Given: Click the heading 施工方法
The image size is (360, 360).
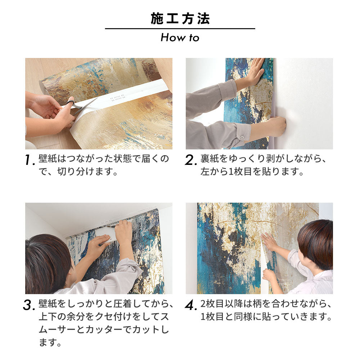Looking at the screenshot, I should (x=180, y=19).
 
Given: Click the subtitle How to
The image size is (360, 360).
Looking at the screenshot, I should (x=180, y=37).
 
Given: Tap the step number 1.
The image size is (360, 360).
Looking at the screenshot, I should (x=30, y=161).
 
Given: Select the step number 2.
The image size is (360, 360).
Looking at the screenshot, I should (x=191, y=161).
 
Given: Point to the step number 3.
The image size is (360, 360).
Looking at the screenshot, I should (x=30, y=305).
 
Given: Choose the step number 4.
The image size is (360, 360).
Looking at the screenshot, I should (x=191, y=305).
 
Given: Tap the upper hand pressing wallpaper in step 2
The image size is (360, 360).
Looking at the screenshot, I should (x=255, y=72).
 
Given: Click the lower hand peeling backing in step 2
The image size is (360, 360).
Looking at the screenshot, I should (x=275, y=126).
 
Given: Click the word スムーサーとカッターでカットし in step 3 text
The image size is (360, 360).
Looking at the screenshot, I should (x=104, y=330).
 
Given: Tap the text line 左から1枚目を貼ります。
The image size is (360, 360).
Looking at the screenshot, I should (x=252, y=172).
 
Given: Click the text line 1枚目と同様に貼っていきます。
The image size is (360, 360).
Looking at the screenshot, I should (x=266, y=317).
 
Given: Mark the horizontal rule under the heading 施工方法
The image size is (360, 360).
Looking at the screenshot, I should (x=180, y=29).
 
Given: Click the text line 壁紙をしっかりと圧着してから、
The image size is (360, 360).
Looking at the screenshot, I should (x=107, y=304).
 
